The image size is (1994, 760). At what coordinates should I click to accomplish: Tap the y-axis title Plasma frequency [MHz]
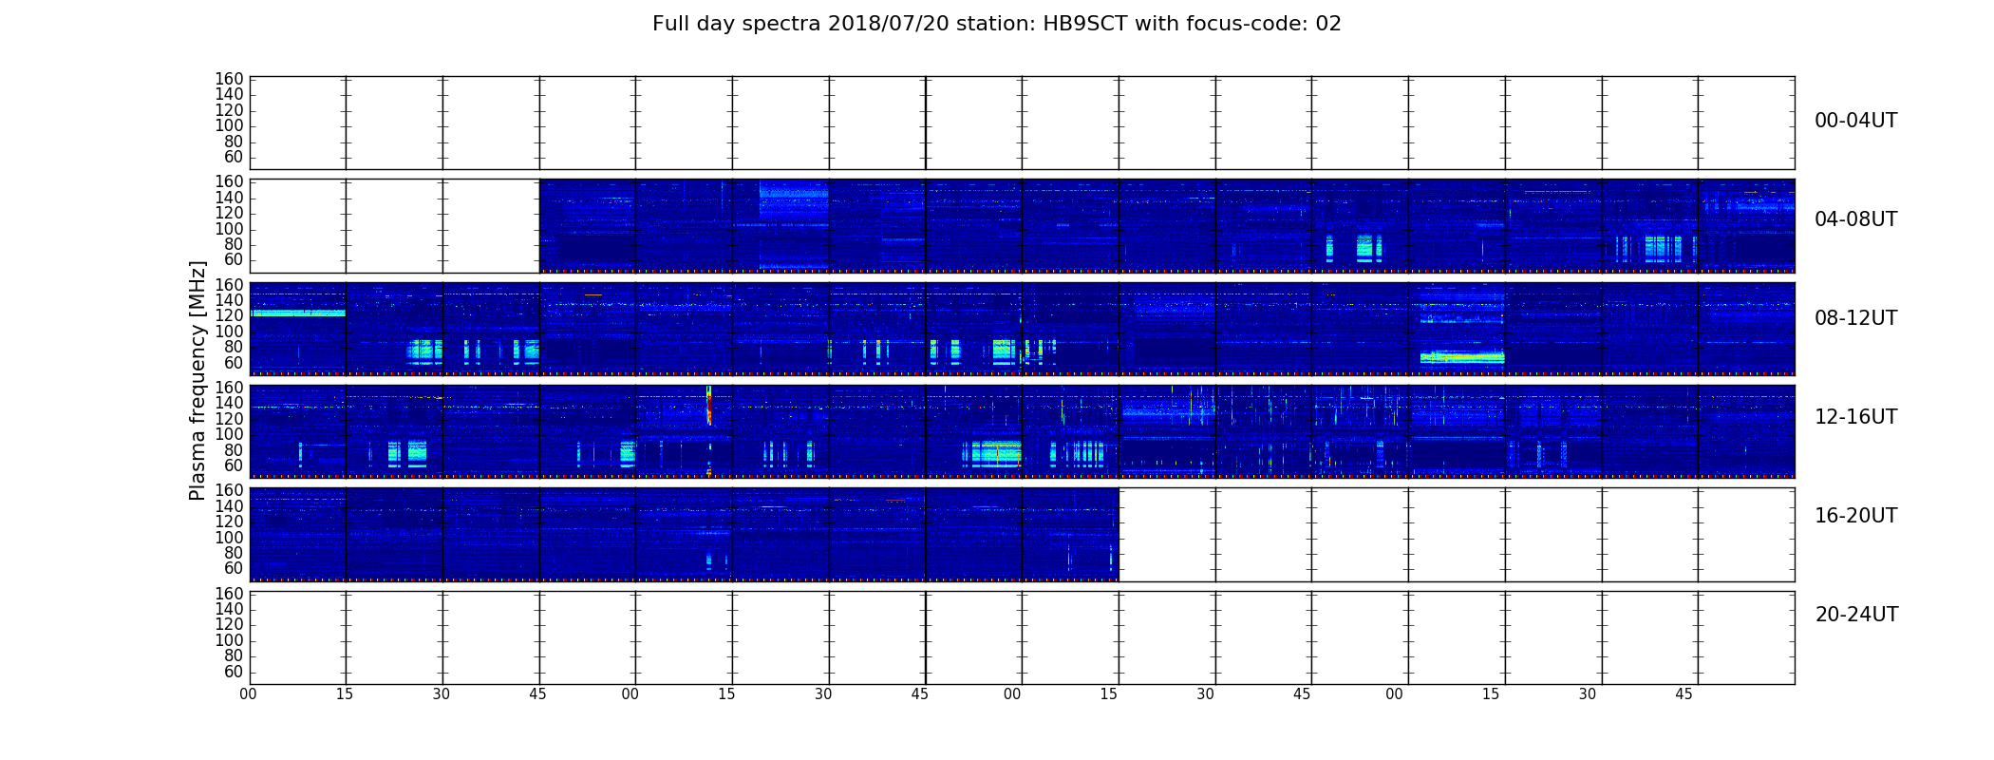(x=198, y=380)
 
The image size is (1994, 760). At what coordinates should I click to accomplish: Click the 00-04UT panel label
(x=1856, y=121)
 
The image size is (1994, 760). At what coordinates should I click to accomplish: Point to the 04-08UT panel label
(x=1856, y=219)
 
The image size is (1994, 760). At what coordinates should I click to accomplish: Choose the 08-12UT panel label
(x=1856, y=318)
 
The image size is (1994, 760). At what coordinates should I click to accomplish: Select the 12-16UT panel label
(x=1856, y=417)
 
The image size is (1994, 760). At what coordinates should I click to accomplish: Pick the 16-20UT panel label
(x=1856, y=516)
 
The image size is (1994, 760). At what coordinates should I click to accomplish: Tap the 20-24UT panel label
(x=1856, y=615)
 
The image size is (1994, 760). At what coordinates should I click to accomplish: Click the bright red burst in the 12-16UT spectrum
(x=708, y=407)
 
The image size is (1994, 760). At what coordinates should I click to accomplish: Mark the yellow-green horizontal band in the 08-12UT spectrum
(x=1462, y=358)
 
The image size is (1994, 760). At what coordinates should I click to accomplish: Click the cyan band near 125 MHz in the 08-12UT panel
(x=297, y=313)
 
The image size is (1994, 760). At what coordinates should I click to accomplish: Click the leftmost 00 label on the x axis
(x=248, y=694)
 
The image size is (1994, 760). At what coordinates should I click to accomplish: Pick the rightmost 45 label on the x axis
(x=1684, y=694)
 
